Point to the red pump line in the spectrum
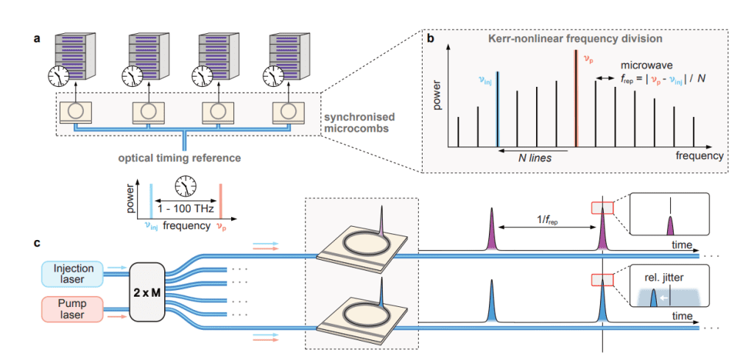[576, 102]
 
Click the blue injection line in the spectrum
[498, 111]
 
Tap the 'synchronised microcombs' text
[361, 124]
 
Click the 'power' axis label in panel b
[437, 107]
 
